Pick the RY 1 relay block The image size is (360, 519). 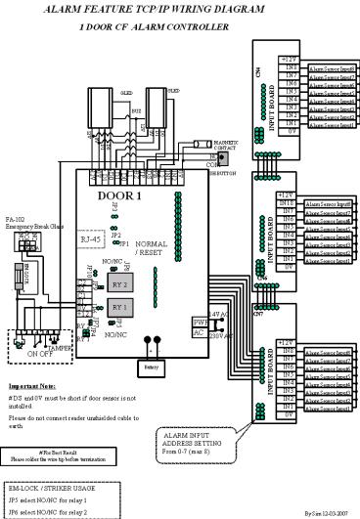119,307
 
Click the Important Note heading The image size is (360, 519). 35,387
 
